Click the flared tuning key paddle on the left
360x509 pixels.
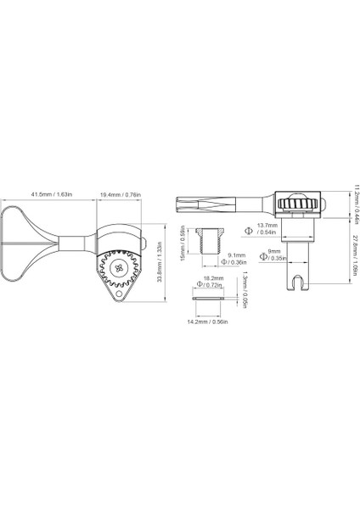pos(25,242)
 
